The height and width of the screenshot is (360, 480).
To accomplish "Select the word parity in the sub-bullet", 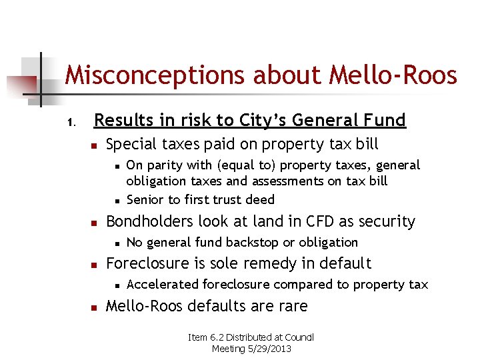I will click(163, 165).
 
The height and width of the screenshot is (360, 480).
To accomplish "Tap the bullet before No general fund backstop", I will click(116, 243).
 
